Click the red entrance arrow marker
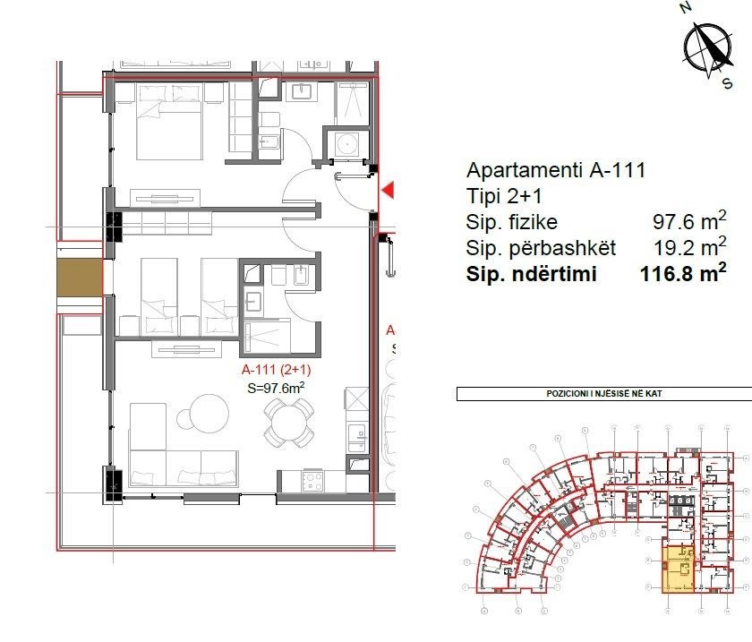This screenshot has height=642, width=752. coord(388,190)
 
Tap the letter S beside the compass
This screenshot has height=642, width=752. coord(727,82)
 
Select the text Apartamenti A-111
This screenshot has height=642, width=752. coord(556,170)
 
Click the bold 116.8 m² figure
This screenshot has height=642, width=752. coord(682,275)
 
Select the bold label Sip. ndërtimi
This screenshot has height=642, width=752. coord(530,275)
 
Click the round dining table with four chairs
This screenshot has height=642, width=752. coord(289,421)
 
